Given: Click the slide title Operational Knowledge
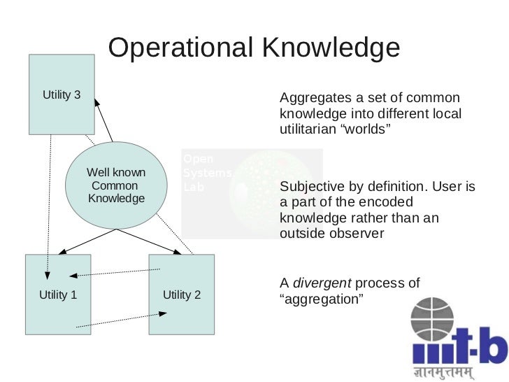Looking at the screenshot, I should click(254, 48).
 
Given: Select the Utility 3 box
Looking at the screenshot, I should click(62, 94).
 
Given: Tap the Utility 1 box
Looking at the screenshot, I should click(59, 295).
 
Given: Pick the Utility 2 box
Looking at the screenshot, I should click(182, 295).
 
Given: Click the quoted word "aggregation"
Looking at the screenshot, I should click(322, 299).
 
